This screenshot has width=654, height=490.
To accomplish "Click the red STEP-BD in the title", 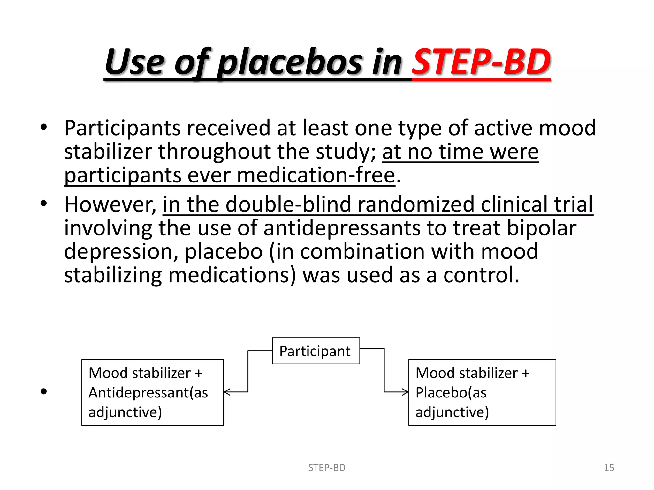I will coord(481,62).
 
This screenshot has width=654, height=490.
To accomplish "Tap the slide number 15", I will coord(609,468).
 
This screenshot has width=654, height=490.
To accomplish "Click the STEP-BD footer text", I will coord(326,468).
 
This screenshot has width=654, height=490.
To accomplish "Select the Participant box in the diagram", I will coord(316,351).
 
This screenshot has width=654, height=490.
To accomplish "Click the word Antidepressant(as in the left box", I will coord(148,393).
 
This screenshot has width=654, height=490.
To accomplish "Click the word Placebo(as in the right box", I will coord(451,393).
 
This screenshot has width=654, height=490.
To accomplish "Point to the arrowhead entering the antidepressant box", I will coord(226,392).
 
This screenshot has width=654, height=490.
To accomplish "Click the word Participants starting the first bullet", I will coord(123,128).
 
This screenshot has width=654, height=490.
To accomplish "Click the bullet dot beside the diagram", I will coord(44,392).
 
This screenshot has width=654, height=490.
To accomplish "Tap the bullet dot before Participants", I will coord(44,128).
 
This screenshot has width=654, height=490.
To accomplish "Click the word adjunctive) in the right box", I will coord(452,412).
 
